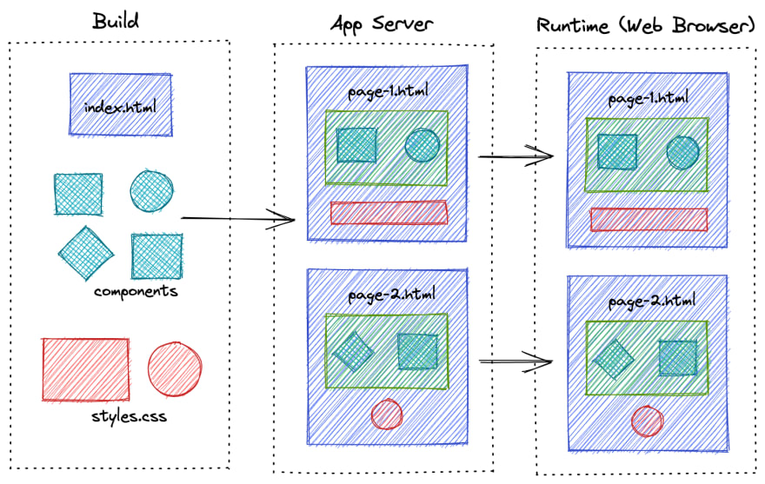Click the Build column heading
116,20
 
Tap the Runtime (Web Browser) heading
644,25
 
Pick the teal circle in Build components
151,190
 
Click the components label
136,291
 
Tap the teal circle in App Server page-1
422,146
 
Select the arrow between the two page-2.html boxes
516,360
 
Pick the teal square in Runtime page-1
617,151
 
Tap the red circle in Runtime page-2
647,421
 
